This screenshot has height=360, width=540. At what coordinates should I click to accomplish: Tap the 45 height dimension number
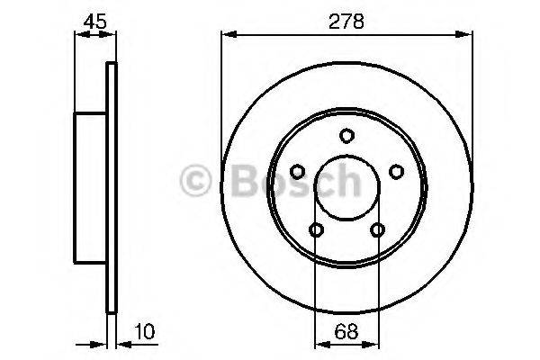click(x=93, y=20)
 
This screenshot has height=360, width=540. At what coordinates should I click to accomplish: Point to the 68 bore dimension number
click(x=346, y=330)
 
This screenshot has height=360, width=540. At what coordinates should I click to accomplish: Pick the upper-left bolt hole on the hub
click(x=297, y=171)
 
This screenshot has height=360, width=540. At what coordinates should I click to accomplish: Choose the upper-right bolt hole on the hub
click(x=396, y=171)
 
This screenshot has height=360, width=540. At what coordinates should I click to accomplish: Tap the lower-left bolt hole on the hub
click(x=316, y=229)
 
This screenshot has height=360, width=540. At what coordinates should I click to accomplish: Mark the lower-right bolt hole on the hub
click(x=377, y=229)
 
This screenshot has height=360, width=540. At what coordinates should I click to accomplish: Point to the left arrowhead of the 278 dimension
click(x=227, y=35)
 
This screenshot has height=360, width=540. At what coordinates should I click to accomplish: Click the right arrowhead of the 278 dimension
click(x=468, y=35)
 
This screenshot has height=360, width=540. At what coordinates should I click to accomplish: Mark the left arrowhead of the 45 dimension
click(x=76, y=35)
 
